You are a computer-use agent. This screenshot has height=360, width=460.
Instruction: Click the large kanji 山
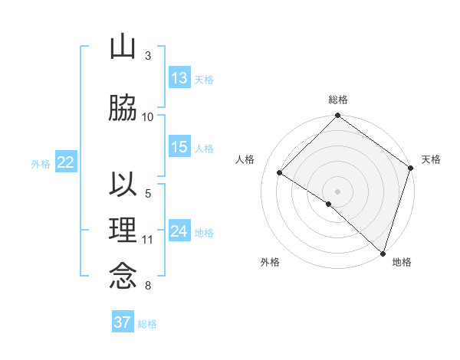pyautogui.click(x=123, y=48)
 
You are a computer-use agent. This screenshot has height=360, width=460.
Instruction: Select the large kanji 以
pyautogui.click(x=123, y=185)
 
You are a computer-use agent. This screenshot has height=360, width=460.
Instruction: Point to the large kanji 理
pyautogui.click(x=123, y=230)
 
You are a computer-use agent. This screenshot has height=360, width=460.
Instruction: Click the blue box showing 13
pyautogui.click(x=179, y=78)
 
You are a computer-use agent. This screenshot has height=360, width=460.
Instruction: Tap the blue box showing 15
pyautogui.click(x=179, y=147)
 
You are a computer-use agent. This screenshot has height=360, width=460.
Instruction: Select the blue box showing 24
pyautogui.click(x=179, y=231)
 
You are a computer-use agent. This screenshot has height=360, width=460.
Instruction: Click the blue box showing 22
pyautogui.click(x=65, y=162)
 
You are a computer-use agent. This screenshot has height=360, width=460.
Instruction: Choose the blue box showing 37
pyautogui.click(x=123, y=322)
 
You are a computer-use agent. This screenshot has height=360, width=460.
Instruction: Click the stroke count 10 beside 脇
pyautogui.click(x=148, y=116)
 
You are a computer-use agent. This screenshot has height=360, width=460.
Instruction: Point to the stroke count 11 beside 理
pyautogui.click(x=148, y=240)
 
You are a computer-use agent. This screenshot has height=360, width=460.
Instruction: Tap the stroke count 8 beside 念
pyautogui.click(x=148, y=286)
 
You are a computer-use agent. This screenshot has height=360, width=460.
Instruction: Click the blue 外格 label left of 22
pyautogui.click(x=41, y=163)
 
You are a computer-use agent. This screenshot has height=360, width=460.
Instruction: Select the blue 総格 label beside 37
pyautogui.click(x=147, y=323)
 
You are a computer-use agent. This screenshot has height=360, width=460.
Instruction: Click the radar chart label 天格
pyautogui.click(x=431, y=159)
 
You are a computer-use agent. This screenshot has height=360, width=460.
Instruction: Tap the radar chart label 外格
pyautogui.click(x=270, y=263)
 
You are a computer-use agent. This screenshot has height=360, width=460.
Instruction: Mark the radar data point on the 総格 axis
pyautogui.click(x=337, y=116)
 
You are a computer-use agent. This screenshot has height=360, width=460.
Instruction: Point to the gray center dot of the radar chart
pyautogui.click(x=337, y=191)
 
